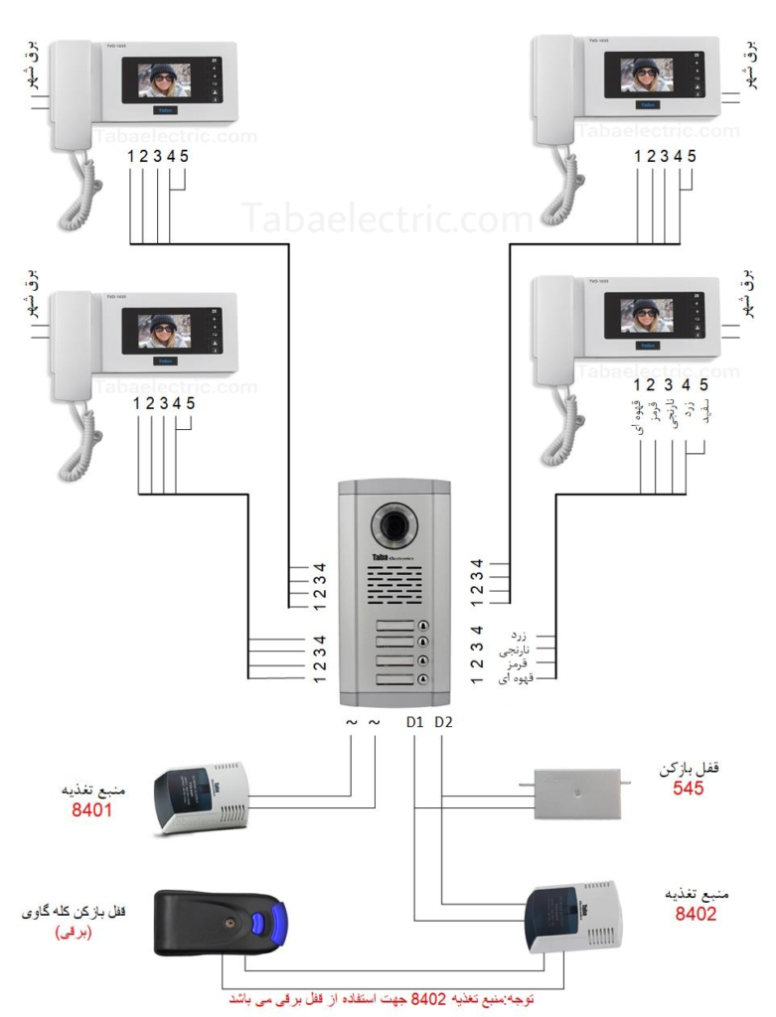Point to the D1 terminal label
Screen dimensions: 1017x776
click(415, 722)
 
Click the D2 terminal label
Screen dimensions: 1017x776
click(443, 722)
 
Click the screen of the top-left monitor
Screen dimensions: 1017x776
click(164, 79)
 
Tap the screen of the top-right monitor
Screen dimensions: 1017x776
click(646, 74)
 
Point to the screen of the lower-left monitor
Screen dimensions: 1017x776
click(164, 330)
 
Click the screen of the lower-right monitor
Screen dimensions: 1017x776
click(646, 315)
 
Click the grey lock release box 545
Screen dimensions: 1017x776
click(576, 793)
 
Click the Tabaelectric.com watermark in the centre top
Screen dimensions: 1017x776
click(388, 218)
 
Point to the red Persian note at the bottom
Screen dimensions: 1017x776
click(391, 998)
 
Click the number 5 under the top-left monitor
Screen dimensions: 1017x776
click(185, 156)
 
